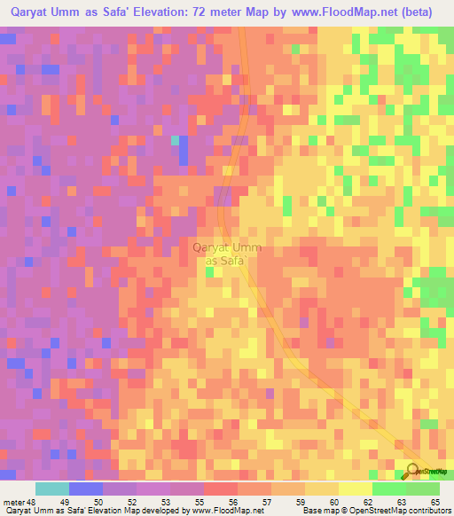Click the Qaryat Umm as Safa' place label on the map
(x=227, y=254)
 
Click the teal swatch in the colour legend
(x=52, y=489)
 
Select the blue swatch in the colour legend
(x=86, y=489)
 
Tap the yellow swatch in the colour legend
(x=356, y=489)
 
